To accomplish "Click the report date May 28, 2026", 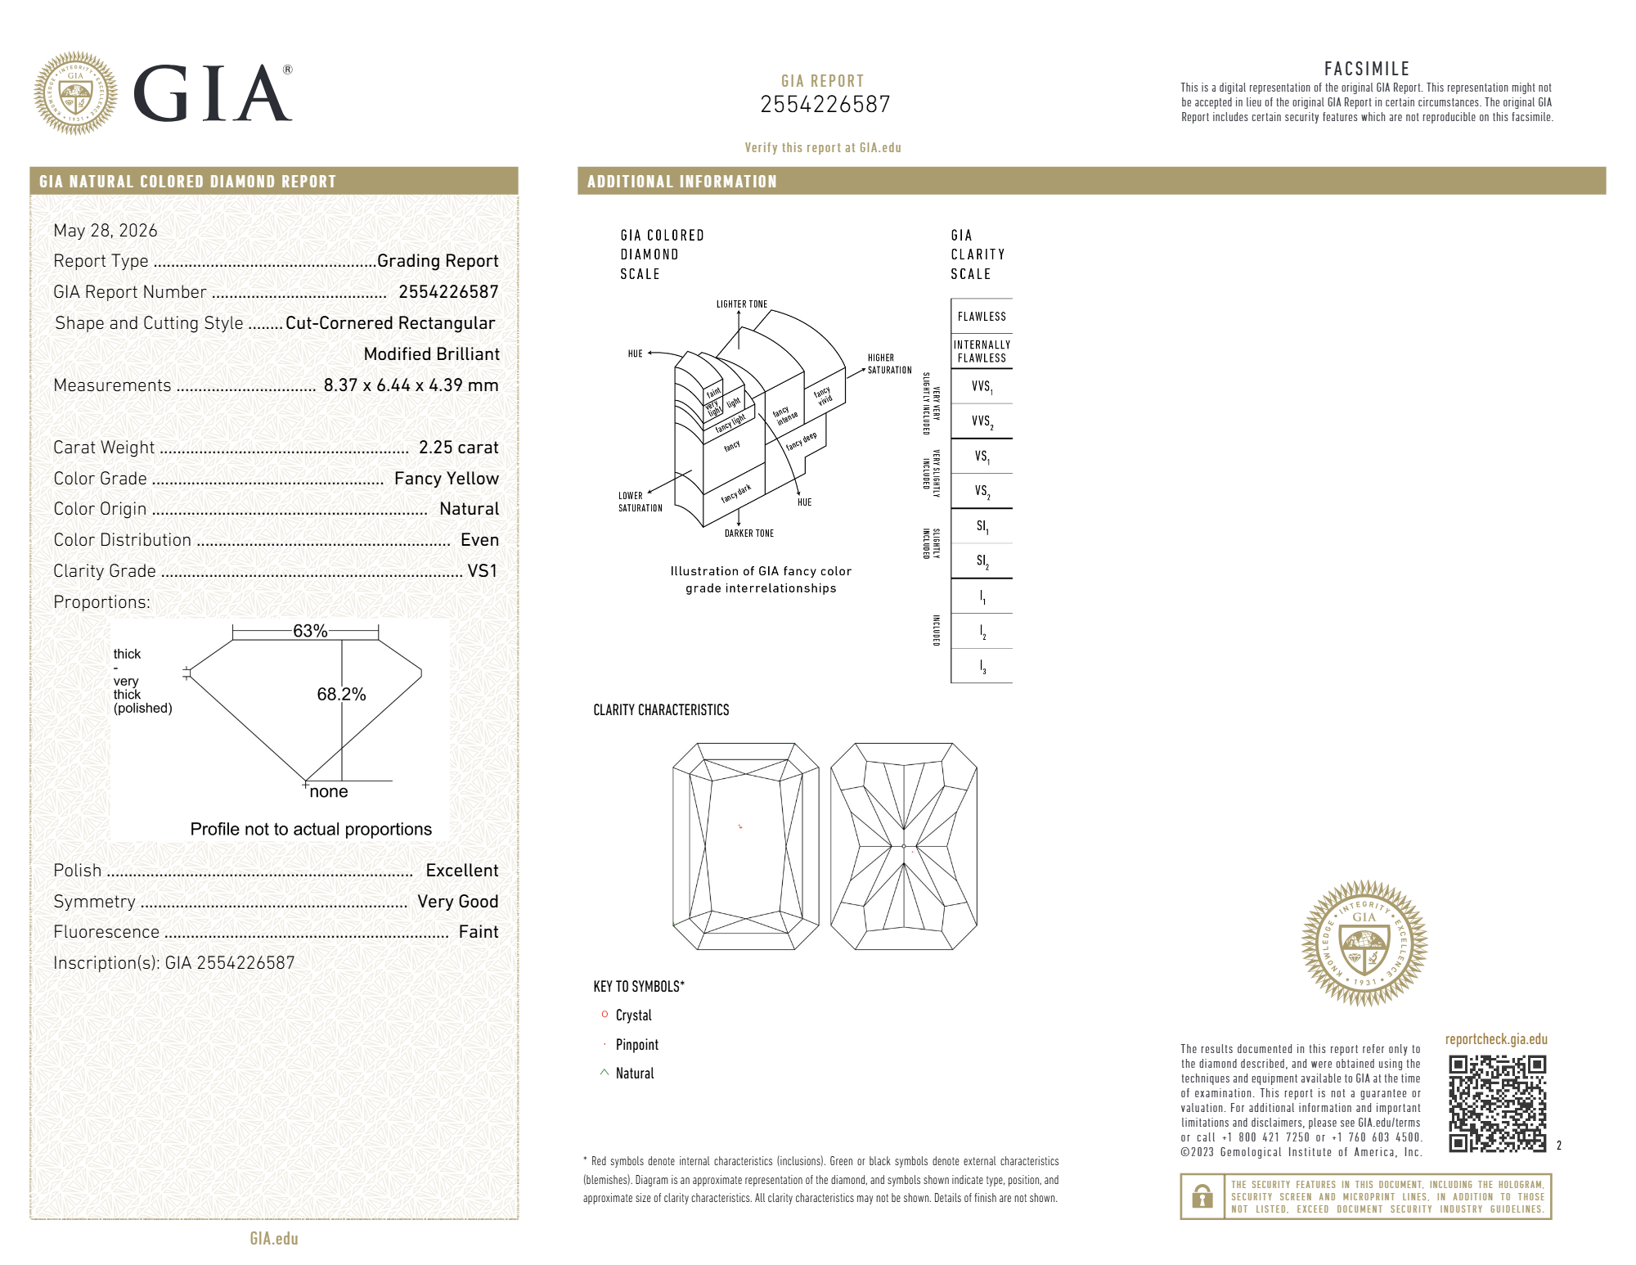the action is tap(106, 231).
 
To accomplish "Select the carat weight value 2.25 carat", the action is tap(458, 448).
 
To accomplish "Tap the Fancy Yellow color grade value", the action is tap(446, 479).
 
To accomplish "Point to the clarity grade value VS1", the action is tap(483, 571).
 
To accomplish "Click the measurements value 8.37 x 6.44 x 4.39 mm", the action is tap(411, 385).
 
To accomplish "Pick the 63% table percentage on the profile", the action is tap(310, 631).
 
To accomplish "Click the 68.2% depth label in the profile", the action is tap(341, 694).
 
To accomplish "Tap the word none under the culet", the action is tap(329, 791).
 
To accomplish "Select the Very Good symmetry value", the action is tap(457, 902).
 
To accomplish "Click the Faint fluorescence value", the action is tap(479, 932).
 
